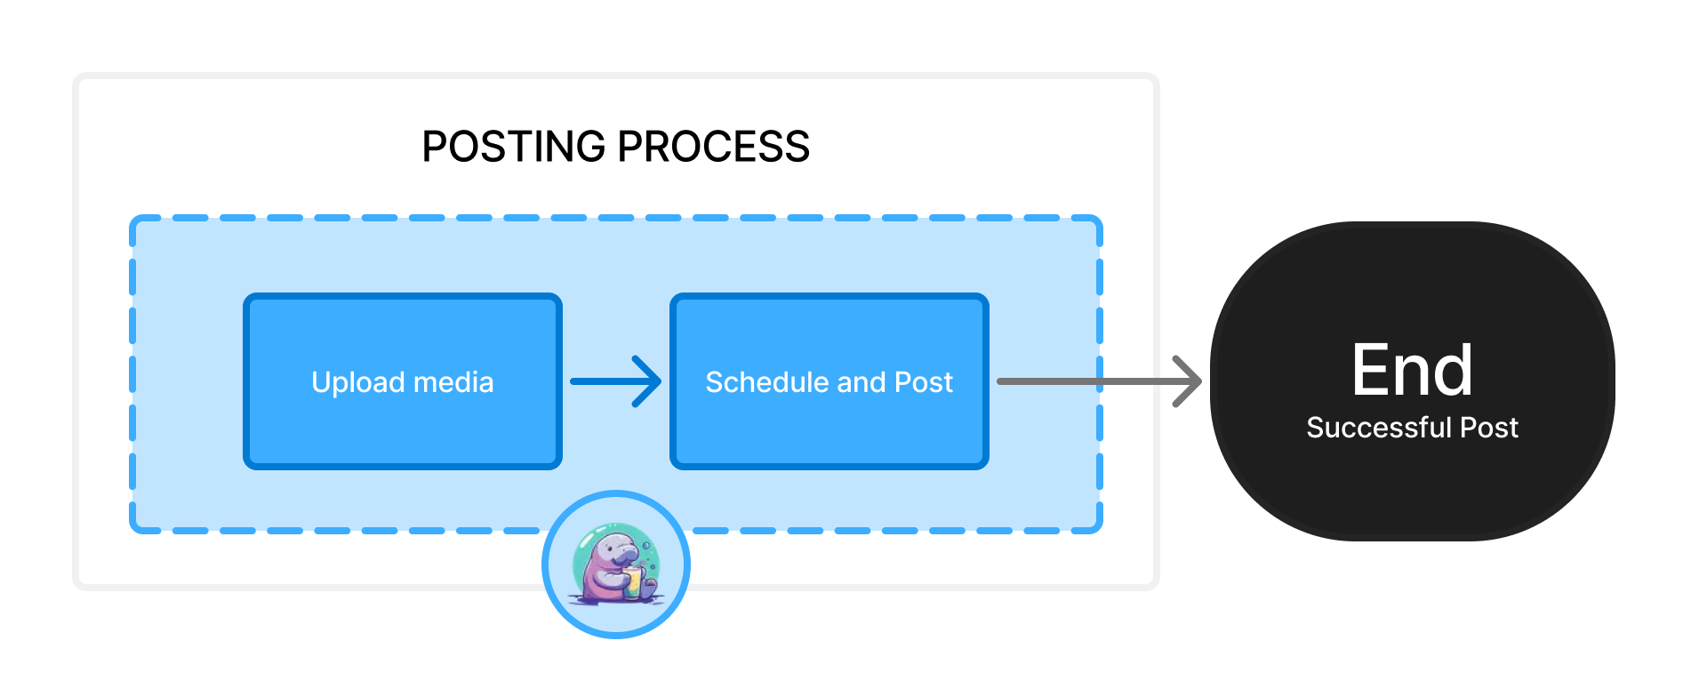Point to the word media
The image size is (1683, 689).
click(453, 382)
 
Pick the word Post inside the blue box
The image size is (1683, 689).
click(924, 382)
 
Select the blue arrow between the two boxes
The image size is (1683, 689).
click(605, 381)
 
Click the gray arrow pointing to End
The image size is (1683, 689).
click(1085, 381)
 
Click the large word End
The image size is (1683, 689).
click(1412, 371)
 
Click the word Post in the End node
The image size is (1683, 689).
click(1489, 428)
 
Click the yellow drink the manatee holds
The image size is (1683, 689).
click(632, 582)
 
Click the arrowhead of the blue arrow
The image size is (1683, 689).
click(650, 381)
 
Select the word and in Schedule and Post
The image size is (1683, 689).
click(862, 382)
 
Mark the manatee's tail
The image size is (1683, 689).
click(650, 587)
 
